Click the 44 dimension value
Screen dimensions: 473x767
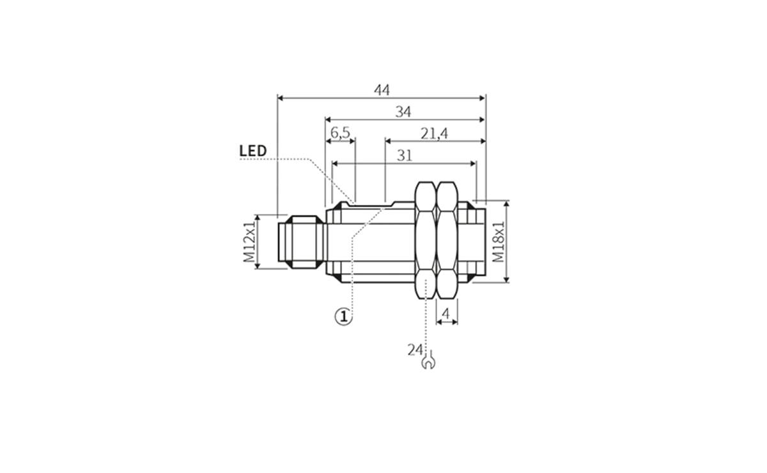pos(382,90)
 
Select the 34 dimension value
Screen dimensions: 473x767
pos(403,112)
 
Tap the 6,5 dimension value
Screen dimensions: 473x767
pos(340,133)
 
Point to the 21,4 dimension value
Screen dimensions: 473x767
pos(435,133)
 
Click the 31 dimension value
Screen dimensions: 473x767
pos(405,155)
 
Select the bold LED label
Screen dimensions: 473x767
pos(252,151)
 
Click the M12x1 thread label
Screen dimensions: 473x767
pos(249,242)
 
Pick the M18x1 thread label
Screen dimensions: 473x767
pos(498,242)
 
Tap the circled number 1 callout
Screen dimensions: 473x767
pos(343,315)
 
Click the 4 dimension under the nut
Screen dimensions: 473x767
pos(447,313)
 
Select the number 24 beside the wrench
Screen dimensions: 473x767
pos(414,349)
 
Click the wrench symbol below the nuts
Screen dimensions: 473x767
pos(428,363)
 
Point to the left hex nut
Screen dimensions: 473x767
pos(426,241)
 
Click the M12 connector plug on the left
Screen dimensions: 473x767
pos(301,242)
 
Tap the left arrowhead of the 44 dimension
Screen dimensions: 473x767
pos(281,98)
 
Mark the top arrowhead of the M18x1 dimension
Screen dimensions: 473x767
pos(507,204)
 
